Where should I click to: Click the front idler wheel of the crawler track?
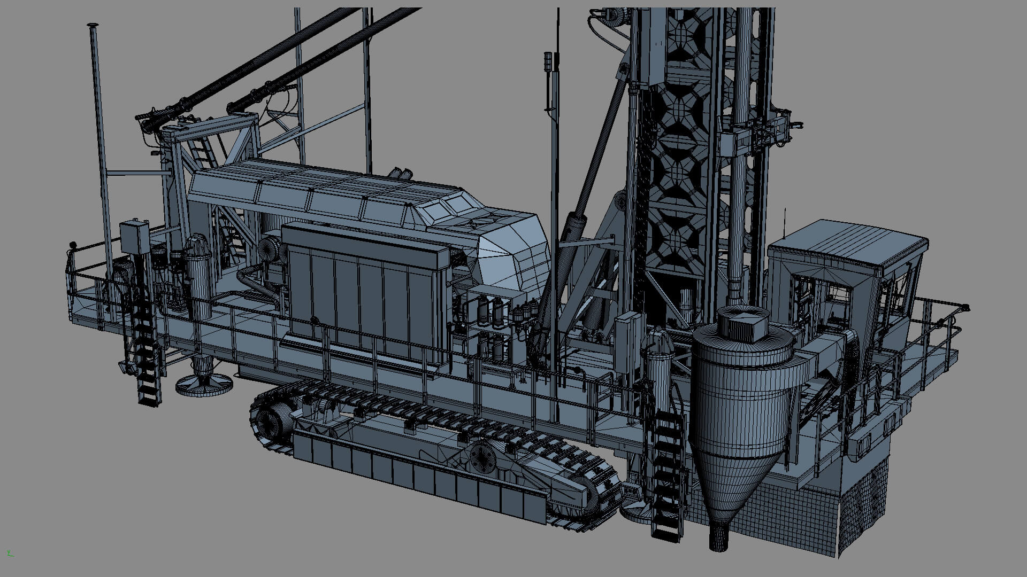click(484, 457)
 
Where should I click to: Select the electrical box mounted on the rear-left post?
click(134, 238)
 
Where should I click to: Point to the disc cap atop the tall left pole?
click(93, 25)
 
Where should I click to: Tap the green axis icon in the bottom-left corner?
click(10, 553)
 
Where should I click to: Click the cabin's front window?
click(816, 299)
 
